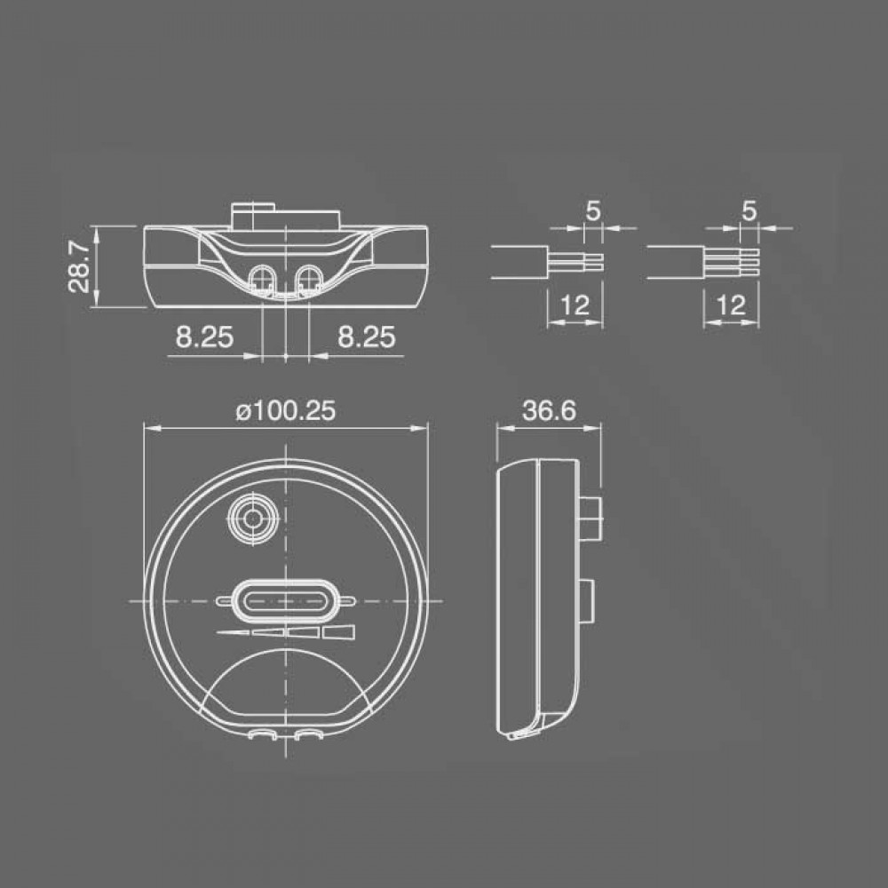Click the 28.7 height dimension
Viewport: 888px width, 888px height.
(x=78, y=266)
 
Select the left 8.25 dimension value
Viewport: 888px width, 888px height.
(x=203, y=337)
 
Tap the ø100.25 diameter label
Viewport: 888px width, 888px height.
(x=284, y=412)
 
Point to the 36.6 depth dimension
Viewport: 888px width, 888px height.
(x=550, y=411)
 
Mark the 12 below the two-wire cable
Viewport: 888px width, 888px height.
(x=575, y=305)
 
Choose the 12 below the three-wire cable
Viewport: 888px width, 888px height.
(x=730, y=305)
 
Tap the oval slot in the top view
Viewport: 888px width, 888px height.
(x=284, y=600)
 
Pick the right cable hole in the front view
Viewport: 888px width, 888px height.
(x=309, y=279)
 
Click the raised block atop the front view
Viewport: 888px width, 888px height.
(x=284, y=214)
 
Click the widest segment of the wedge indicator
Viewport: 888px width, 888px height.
(x=339, y=632)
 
